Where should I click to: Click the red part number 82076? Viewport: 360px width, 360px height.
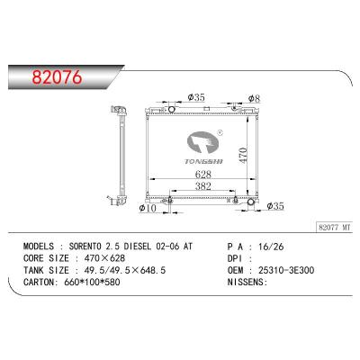57,77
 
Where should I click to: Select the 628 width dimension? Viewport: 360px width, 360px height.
203,175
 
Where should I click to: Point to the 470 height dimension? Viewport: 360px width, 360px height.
243,155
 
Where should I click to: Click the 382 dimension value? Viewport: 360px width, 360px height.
203,186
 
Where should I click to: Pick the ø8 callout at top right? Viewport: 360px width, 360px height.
254,98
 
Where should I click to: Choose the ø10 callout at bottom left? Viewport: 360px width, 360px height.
148,208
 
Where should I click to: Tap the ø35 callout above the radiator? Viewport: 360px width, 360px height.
196,97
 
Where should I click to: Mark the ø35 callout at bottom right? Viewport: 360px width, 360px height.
275,206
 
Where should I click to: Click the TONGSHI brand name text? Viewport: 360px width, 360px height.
203,161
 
